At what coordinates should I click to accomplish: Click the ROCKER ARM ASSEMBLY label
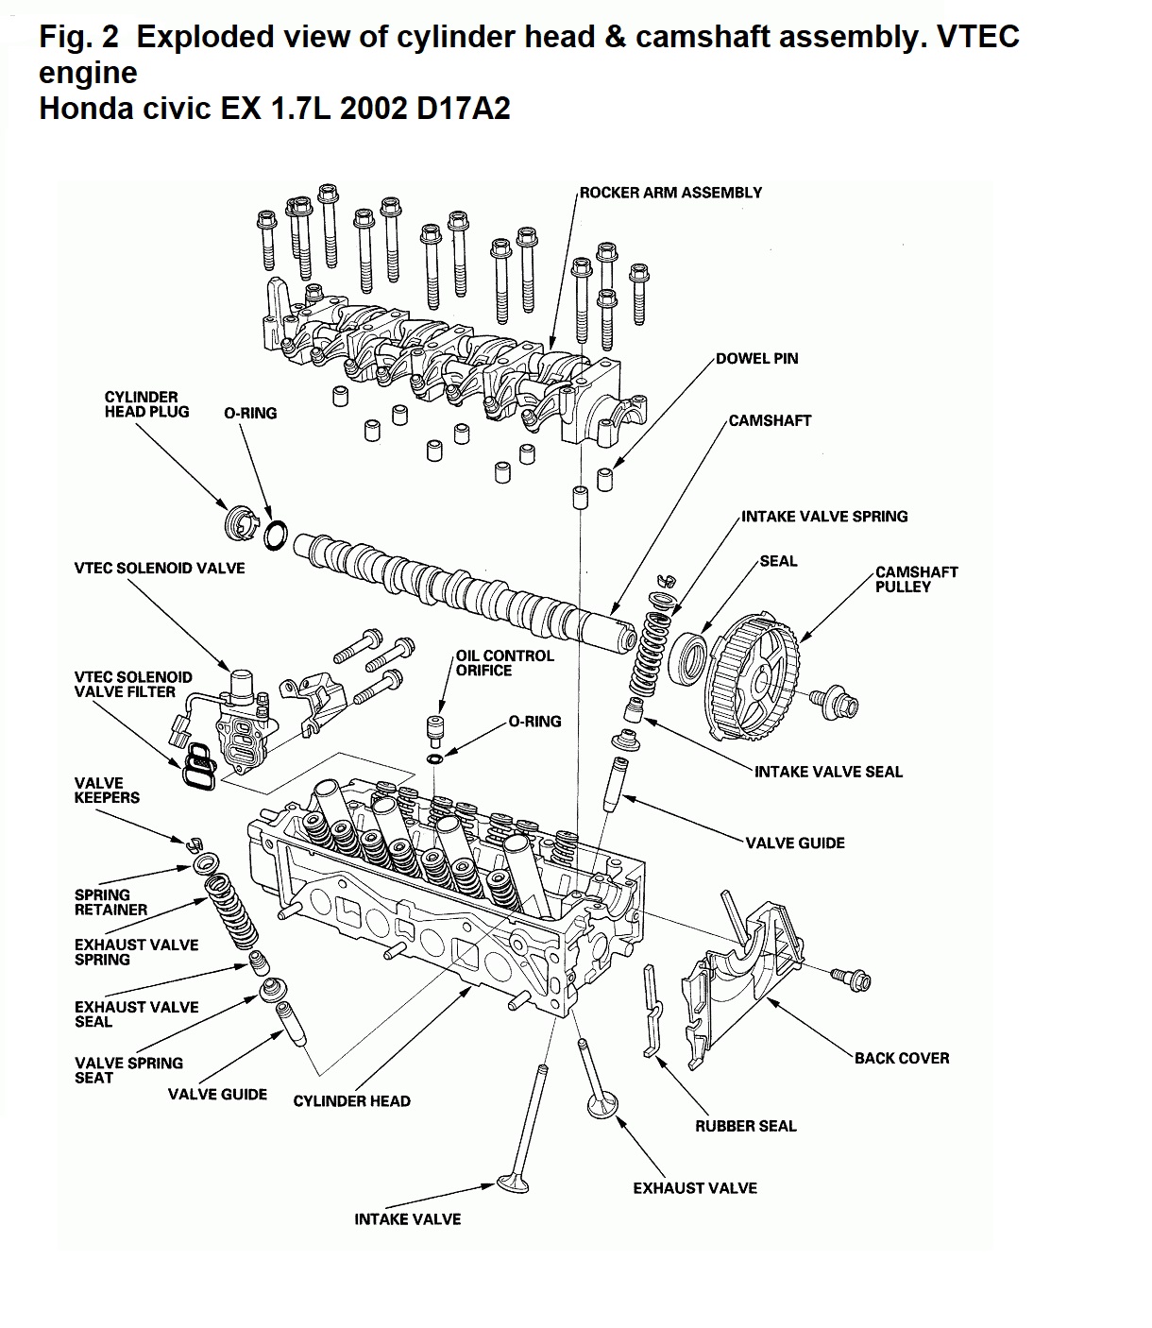coord(670,193)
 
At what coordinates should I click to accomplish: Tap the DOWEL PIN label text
coord(756,358)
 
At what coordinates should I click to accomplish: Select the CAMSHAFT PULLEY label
coord(916,579)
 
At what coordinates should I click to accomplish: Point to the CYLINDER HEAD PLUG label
coord(146,404)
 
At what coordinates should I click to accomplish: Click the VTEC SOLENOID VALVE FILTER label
coord(133,684)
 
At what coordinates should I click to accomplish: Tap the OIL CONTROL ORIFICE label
coord(504,663)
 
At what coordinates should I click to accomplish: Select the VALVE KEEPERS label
coord(107,790)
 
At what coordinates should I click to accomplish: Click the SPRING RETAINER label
coord(110,902)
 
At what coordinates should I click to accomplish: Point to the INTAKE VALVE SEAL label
coord(828,772)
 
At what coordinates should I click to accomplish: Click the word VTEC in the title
coord(977,36)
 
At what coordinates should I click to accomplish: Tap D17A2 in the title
coord(463,108)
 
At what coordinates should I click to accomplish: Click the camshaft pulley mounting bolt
coord(835,702)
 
